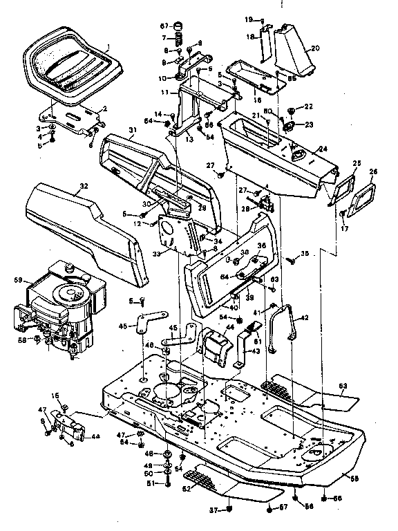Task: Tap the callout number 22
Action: [309, 107]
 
